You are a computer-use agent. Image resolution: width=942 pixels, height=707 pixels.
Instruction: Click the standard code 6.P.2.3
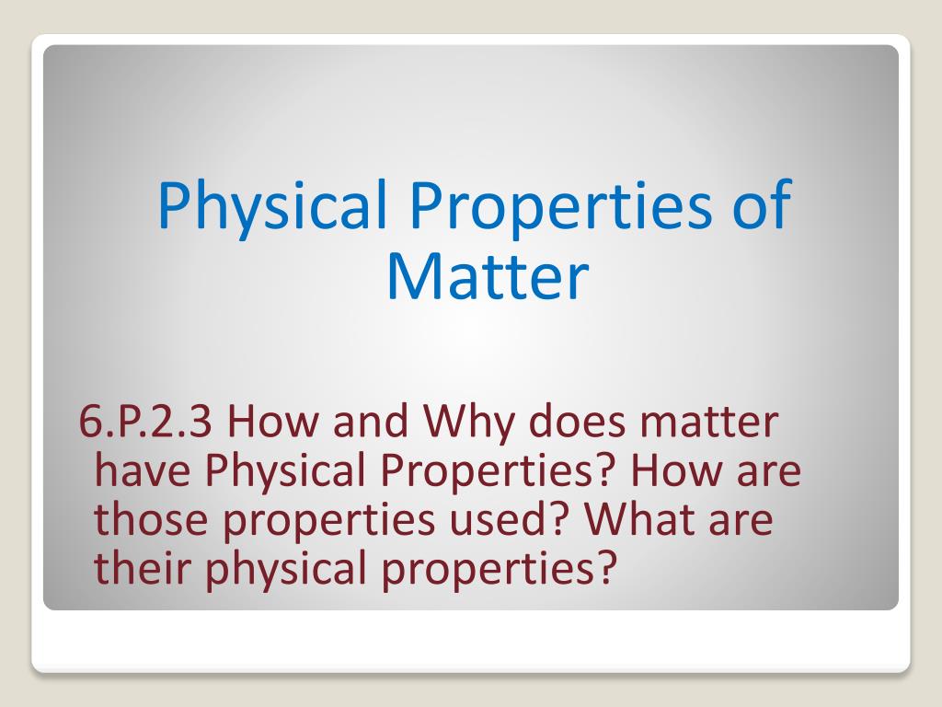(146, 423)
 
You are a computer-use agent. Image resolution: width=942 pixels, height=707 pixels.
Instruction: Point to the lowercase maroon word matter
(711, 423)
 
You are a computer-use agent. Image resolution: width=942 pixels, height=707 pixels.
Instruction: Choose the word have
(144, 472)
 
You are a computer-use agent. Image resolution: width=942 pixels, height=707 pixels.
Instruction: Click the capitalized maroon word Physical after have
(282, 472)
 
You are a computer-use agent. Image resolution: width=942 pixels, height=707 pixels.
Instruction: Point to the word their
(143, 569)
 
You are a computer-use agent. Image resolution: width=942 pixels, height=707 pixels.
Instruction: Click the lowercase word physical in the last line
(289, 569)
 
